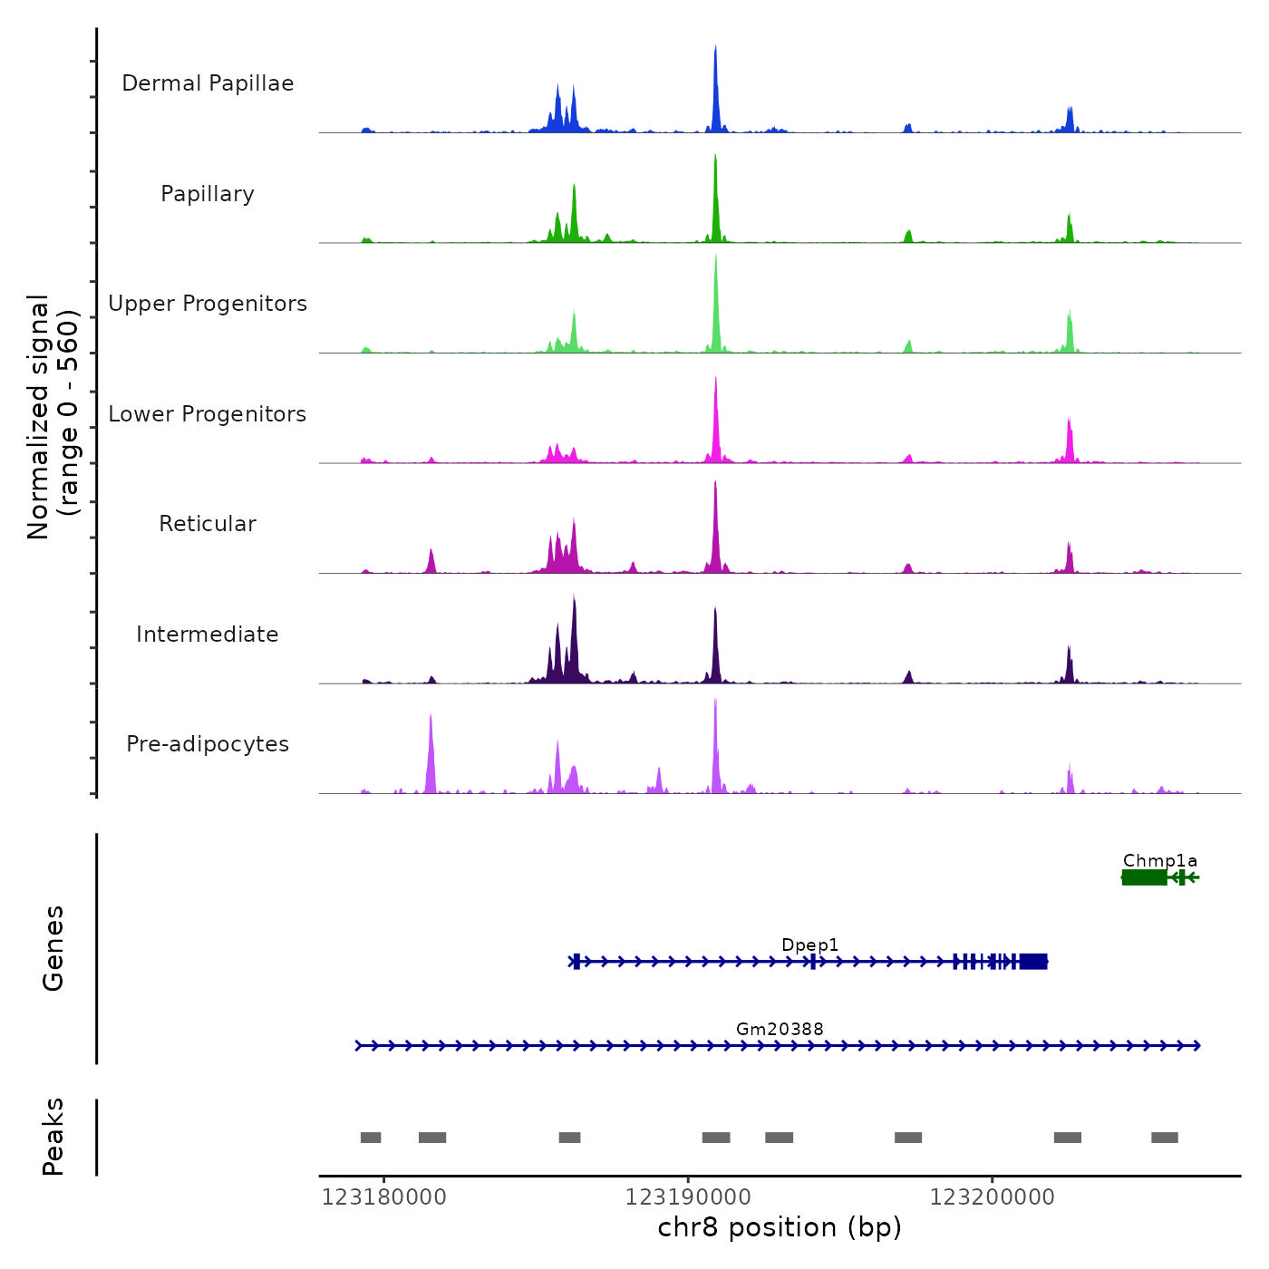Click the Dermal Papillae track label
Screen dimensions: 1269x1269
pyautogui.click(x=208, y=83)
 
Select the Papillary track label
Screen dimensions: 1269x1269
pyautogui.click(x=208, y=194)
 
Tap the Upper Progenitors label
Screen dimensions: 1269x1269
pyautogui.click(x=208, y=304)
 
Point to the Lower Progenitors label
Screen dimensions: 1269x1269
pyautogui.click(x=208, y=414)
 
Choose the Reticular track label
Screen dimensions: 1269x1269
pyautogui.click(x=208, y=524)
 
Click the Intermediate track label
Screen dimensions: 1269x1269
pyautogui.click(x=208, y=634)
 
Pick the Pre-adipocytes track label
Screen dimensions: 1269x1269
pyautogui.click(x=208, y=744)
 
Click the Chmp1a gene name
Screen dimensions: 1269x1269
pyautogui.click(x=1159, y=860)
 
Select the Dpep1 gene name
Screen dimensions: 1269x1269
pyautogui.click(x=809, y=944)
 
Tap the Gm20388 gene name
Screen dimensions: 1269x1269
pyautogui.click(x=780, y=1029)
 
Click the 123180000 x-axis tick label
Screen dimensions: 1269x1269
pyautogui.click(x=384, y=1197)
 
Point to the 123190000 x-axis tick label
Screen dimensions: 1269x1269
pyautogui.click(x=688, y=1197)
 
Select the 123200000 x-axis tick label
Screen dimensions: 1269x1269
pyautogui.click(x=992, y=1197)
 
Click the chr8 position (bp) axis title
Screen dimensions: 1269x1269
pyautogui.click(x=780, y=1227)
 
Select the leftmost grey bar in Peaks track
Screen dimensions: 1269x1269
pyautogui.click(x=371, y=1138)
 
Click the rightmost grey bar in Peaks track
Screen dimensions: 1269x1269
pyautogui.click(x=1165, y=1138)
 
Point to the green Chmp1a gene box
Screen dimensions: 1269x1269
pyautogui.click(x=1144, y=877)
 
